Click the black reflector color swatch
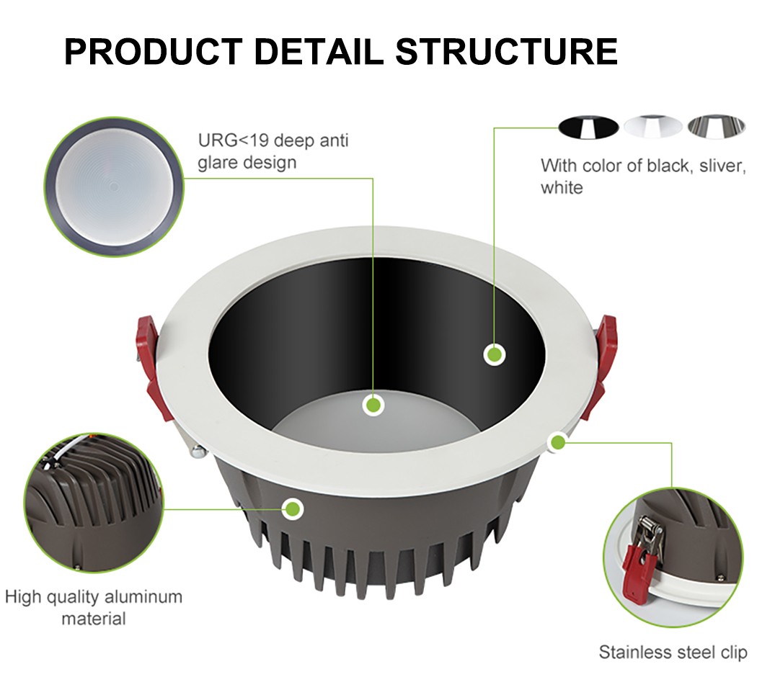tap(588, 127)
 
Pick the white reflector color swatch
tap(652, 127)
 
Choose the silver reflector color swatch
tap(716, 127)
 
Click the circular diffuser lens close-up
tap(114, 186)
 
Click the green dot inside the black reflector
tap(494, 354)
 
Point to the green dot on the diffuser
tap(373, 405)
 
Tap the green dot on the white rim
tap(557, 441)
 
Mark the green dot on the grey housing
tap(292, 509)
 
